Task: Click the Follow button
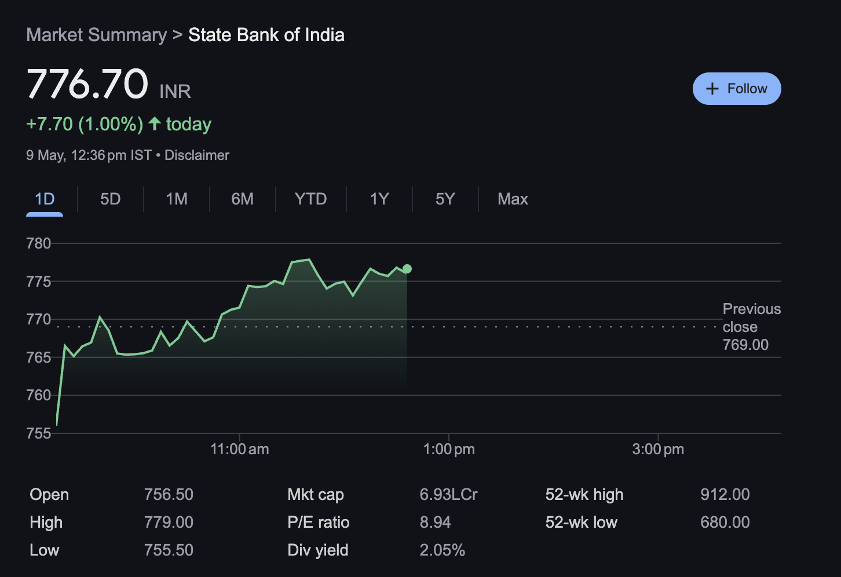[x=736, y=89]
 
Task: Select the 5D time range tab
[x=110, y=199]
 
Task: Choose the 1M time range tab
[x=177, y=199]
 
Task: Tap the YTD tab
[x=310, y=199]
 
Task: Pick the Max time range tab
[x=513, y=199]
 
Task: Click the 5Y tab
[x=445, y=199]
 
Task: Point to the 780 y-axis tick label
[x=39, y=243]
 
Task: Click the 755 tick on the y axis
[x=39, y=433]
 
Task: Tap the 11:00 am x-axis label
[x=239, y=450]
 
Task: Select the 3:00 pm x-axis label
[x=658, y=450]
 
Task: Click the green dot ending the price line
[x=407, y=269]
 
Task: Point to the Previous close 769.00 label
[x=751, y=327]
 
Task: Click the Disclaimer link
[x=197, y=155]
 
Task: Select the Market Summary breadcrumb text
[x=96, y=35]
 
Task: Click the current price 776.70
[x=87, y=84]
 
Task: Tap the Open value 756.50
[x=169, y=494]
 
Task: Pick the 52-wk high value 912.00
[x=725, y=494]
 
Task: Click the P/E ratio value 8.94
[x=435, y=522]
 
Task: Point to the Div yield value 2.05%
[x=442, y=550]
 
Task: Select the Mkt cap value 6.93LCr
[x=448, y=494]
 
